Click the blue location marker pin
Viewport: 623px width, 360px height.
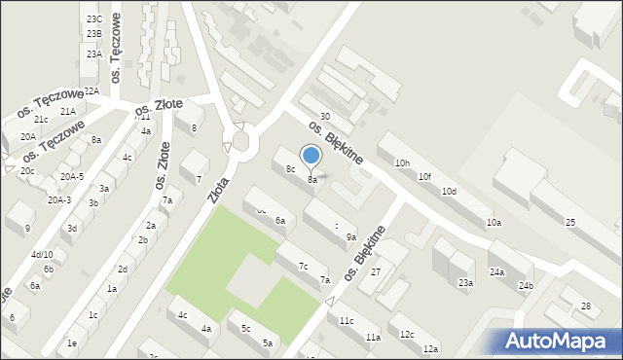tap(311, 156)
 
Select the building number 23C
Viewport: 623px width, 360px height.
tap(93, 19)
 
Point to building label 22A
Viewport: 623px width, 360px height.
tap(92, 90)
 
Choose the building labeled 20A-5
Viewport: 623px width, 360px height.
tap(71, 177)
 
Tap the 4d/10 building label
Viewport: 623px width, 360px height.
tap(42, 255)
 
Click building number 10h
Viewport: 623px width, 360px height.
tap(402, 163)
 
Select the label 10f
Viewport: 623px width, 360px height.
tap(424, 177)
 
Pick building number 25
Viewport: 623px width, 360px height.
tap(570, 223)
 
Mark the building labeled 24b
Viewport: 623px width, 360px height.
tap(526, 285)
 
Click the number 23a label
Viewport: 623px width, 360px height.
tap(466, 283)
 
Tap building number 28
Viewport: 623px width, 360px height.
tap(586, 306)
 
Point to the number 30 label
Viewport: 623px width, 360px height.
tap(325, 117)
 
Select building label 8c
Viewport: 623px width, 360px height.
tap(290, 169)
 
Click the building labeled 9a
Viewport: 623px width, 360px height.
tap(351, 236)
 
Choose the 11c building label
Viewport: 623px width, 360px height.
tap(347, 320)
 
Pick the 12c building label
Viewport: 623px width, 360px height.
tap(407, 335)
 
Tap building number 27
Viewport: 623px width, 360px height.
tap(376, 271)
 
